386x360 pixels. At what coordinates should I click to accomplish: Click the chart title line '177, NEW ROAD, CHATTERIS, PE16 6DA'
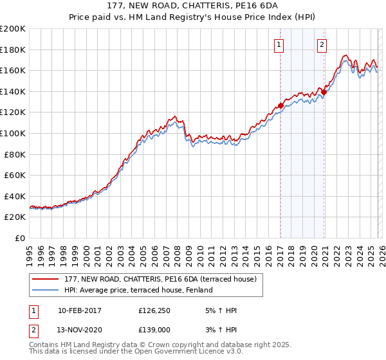click(193, 6)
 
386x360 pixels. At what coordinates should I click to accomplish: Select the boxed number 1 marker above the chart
click(279, 44)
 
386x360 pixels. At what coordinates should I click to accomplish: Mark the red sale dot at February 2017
click(280, 106)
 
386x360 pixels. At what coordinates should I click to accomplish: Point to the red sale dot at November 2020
click(324, 93)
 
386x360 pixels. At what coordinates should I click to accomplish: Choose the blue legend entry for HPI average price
click(142, 290)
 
